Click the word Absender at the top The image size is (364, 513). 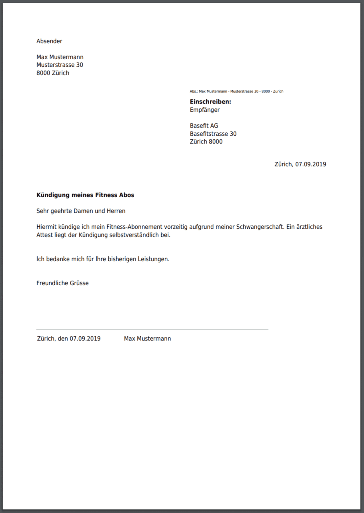(49, 41)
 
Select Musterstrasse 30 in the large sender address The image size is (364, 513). (60, 65)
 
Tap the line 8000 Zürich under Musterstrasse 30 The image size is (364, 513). (53, 73)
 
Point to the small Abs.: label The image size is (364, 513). (194, 92)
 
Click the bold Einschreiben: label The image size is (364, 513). (210, 102)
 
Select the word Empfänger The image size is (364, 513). (205, 110)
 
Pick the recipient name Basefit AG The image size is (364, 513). (204, 126)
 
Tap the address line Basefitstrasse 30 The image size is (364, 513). (213, 134)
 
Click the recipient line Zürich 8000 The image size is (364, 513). (206, 142)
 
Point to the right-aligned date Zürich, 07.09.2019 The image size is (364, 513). (300, 164)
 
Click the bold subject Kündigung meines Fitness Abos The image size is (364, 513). (85, 195)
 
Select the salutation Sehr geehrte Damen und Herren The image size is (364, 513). (81, 211)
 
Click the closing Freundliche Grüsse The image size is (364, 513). (63, 283)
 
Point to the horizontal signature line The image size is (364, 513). (152, 329)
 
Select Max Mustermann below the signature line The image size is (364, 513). (147, 339)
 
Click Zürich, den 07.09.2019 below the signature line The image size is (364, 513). (69, 339)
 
